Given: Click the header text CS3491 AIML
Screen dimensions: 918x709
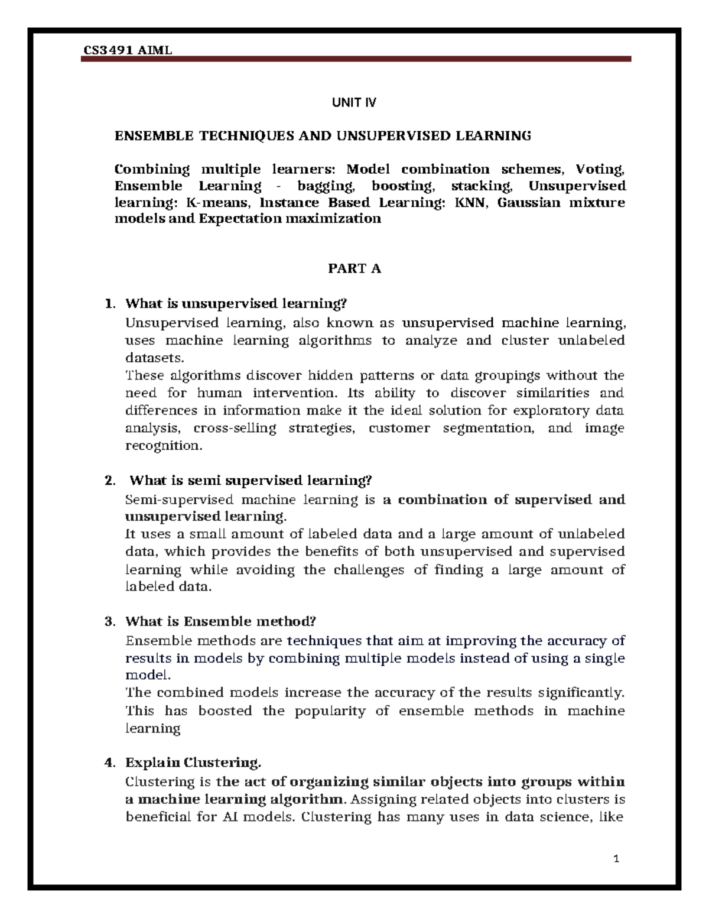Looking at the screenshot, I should tap(127, 50).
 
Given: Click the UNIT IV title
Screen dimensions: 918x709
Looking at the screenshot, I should tap(354, 103).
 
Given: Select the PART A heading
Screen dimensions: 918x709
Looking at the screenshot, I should tap(354, 269).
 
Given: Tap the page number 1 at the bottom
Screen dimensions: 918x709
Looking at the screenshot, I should tap(616, 859).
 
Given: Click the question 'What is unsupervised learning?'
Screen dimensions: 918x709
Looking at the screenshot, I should tap(236, 304).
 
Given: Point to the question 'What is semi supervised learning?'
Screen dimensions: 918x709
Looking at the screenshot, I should tap(251, 480).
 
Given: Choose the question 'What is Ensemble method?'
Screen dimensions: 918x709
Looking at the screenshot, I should tap(220, 621).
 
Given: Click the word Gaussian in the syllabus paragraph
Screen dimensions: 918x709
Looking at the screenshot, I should tap(528, 203).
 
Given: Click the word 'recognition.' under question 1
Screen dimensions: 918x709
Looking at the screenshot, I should tap(164, 445).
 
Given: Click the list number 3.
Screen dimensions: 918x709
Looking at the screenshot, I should tap(109, 621).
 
